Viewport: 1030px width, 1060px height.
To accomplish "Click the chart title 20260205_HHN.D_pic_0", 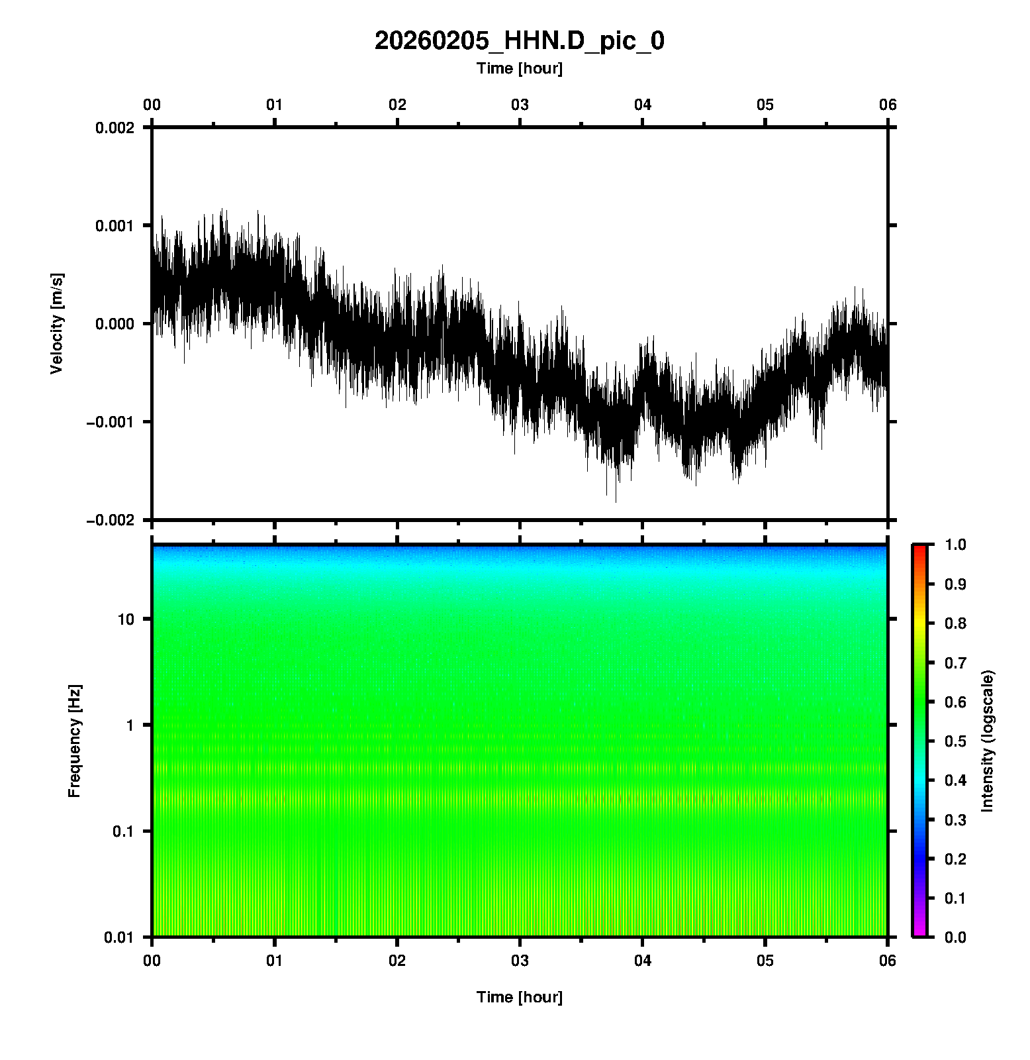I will [x=519, y=41].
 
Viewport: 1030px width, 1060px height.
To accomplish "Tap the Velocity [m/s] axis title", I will [x=57, y=323].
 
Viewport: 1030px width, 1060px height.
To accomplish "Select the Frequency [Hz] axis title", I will [x=74, y=741].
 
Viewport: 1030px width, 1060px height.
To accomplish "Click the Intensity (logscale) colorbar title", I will [x=987, y=741].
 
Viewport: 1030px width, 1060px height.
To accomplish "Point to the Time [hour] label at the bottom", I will [x=519, y=997].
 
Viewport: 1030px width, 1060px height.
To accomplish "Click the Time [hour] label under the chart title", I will [x=519, y=68].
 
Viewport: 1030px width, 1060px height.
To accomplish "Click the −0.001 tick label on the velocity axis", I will [x=109, y=422].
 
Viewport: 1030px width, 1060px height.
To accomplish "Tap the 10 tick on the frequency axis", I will [x=126, y=619].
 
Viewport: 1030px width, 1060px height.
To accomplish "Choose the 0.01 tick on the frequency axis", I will [x=119, y=937].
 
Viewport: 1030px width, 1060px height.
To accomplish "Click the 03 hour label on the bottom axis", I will [x=520, y=961].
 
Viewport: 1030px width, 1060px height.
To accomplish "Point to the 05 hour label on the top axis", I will [x=765, y=105].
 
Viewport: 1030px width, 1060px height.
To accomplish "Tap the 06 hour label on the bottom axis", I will [x=888, y=961].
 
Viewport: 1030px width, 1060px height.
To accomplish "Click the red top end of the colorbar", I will [x=919, y=549].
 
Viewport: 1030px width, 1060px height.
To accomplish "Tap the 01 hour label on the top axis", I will [x=275, y=105].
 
